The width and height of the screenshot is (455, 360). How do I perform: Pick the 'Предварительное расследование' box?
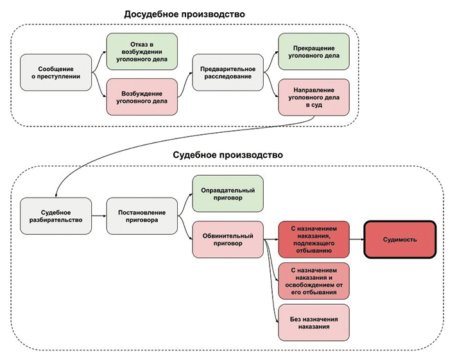click(228, 73)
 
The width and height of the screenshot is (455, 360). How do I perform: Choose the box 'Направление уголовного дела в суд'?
click(314, 96)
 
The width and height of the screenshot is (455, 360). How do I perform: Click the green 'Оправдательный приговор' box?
click(228, 194)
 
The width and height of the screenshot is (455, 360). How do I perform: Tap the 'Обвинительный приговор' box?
click(228, 239)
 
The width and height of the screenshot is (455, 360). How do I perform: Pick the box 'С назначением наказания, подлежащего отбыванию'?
click(314, 239)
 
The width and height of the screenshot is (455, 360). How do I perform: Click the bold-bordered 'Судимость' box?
click(400, 239)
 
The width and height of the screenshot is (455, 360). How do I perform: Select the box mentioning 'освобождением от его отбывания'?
click(314, 280)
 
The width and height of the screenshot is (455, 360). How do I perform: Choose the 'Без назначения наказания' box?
click(314, 321)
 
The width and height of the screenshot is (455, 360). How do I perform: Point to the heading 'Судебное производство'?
click(228, 155)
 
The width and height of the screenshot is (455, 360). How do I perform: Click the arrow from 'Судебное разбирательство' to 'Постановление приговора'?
click(98, 216)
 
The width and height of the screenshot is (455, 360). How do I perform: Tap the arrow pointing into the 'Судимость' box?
click(357, 239)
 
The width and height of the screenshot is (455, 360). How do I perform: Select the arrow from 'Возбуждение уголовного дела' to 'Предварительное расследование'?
click(185, 85)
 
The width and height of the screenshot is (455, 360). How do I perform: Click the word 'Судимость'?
click(400, 239)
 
